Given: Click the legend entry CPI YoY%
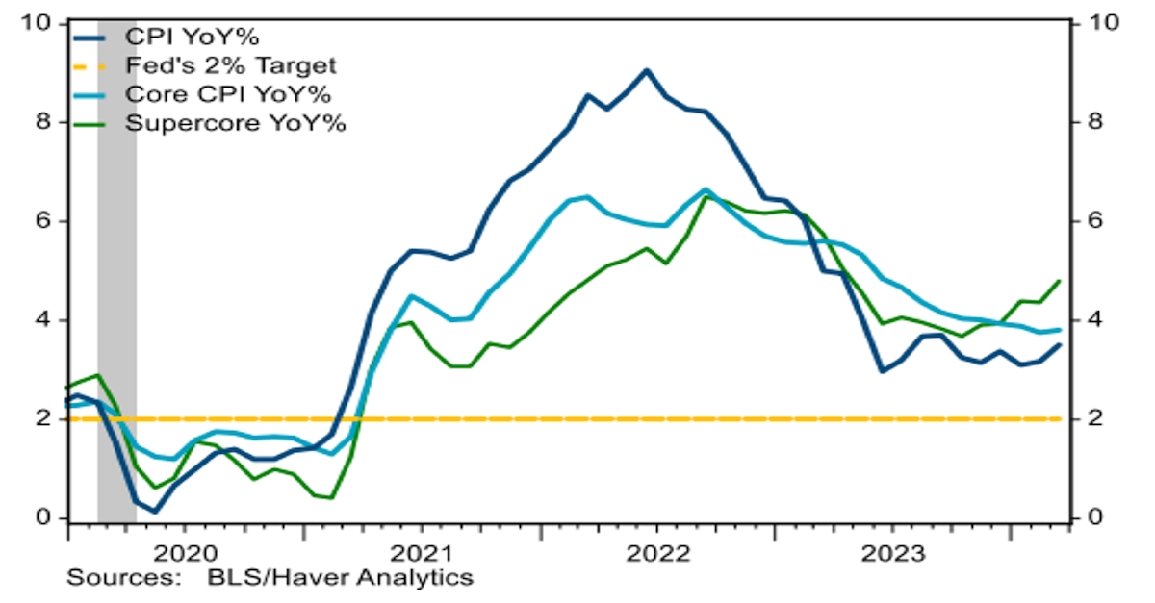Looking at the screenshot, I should tap(193, 38).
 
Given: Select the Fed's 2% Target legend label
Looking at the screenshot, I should tap(231, 66).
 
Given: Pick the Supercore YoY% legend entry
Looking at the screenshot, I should tap(236, 123).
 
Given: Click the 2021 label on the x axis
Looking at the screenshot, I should tap(423, 555).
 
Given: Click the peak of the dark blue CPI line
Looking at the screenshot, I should tap(646, 70).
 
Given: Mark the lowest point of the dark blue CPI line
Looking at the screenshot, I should tap(154, 511).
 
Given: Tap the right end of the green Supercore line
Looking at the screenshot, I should tap(1060, 281).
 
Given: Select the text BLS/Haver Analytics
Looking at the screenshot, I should tap(340, 578).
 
